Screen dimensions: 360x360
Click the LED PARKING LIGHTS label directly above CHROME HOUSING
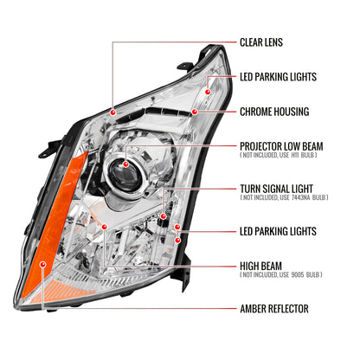pos(278,77)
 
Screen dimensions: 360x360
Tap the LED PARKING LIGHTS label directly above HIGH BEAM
pos(278,231)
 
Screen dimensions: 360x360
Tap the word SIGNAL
pos(277,188)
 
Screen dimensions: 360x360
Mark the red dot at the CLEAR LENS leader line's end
pos(113,112)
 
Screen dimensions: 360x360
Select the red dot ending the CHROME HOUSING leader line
pos(196,112)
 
